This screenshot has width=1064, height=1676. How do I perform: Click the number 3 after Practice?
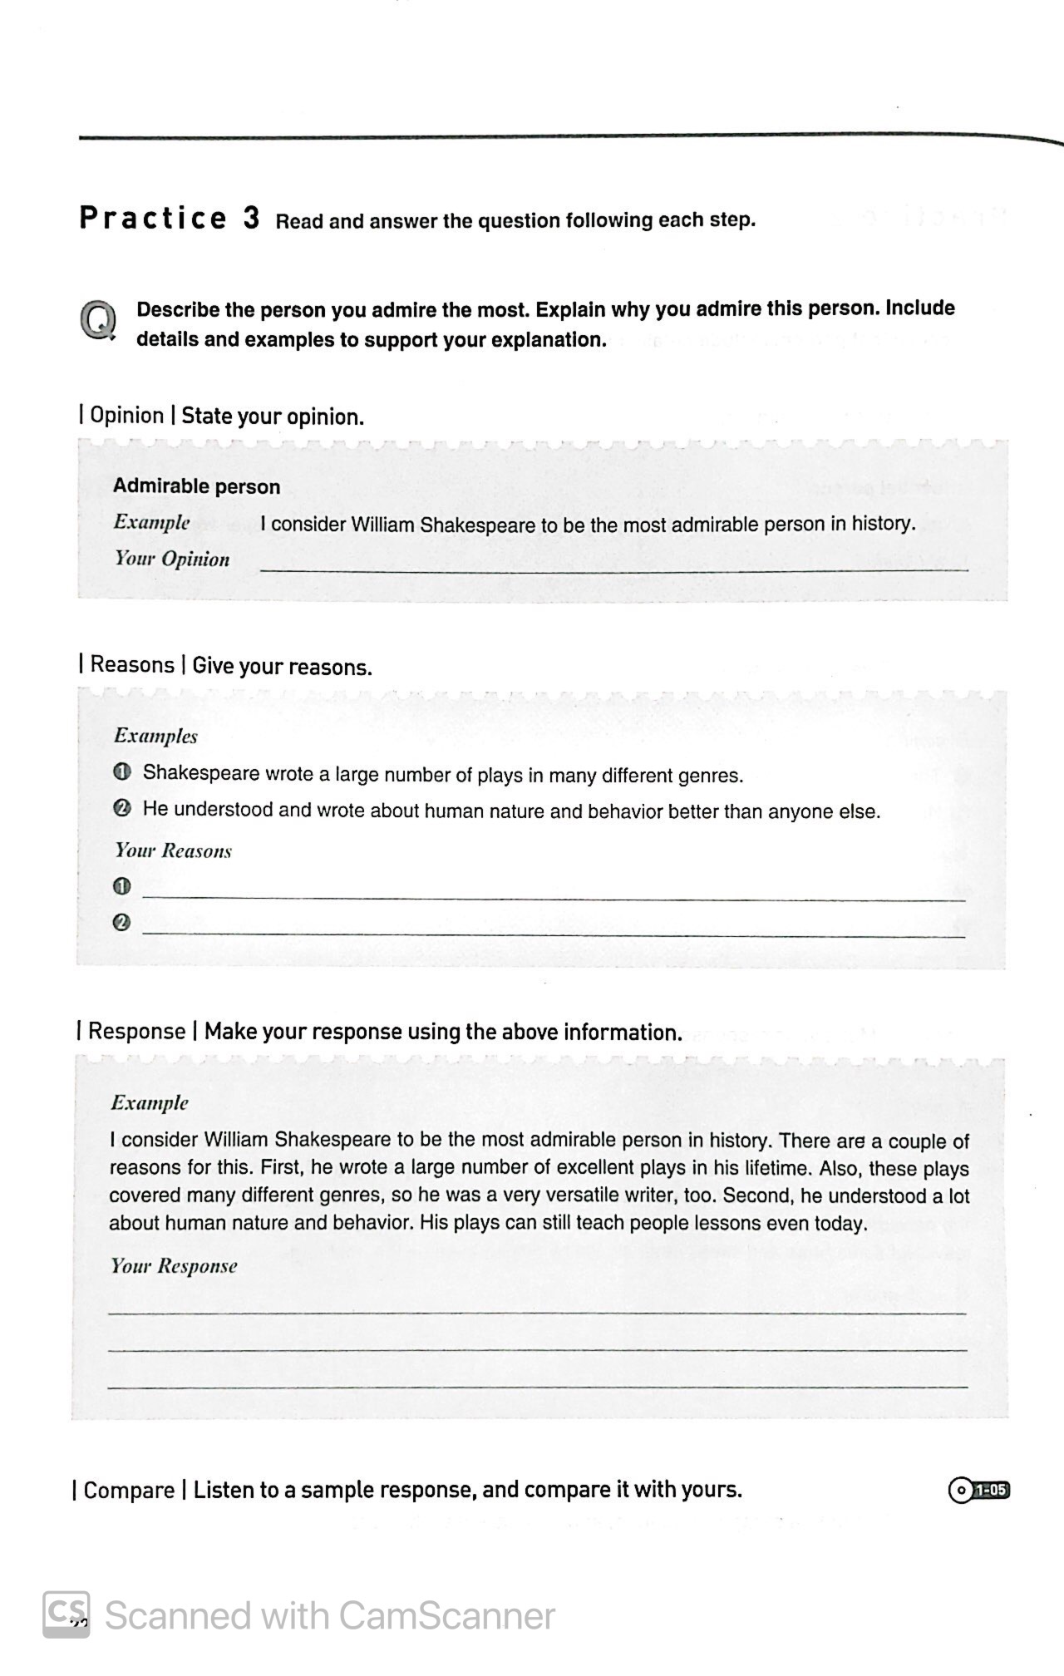pyautogui.click(x=251, y=218)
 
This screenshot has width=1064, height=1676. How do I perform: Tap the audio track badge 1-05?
pyautogui.click(x=979, y=1490)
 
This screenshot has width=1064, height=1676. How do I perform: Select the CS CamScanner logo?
pyautogui.click(x=66, y=1614)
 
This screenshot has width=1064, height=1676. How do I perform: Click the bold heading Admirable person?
pyautogui.click(x=196, y=486)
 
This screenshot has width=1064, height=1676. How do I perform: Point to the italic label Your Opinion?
pyautogui.click(x=172, y=559)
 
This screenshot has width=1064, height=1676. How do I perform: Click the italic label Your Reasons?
pyautogui.click(x=173, y=850)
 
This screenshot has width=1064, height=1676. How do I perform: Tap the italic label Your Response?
pyautogui.click(x=174, y=1266)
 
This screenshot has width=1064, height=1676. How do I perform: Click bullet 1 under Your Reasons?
pyautogui.click(x=121, y=886)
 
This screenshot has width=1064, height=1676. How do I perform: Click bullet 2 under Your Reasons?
pyautogui.click(x=121, y=923)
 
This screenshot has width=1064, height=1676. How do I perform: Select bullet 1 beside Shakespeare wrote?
pyautogui.click(x=121, y=772)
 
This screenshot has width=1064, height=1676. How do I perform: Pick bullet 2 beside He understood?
pyautogui.click(x=121, y=809)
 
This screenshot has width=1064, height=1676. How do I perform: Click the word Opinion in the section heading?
pyautogui.click(x=126, y=416)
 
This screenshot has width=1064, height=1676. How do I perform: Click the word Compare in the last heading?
pyautogui.click(x=129, y=1490)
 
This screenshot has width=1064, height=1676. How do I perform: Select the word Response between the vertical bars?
pyautogui.click(x=136, y=1032)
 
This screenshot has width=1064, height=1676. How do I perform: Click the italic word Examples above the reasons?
pyautogui.click(x=155, y=736)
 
